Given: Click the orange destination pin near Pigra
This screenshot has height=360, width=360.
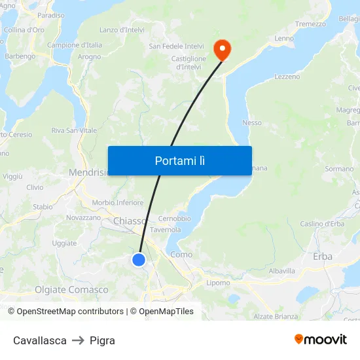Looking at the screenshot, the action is coord(222,48).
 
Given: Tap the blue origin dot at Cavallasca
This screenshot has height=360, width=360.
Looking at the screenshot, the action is coord(139,260).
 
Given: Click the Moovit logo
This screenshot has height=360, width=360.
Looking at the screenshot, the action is coord(321,340).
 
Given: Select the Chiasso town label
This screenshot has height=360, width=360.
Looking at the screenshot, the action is coord(130,221).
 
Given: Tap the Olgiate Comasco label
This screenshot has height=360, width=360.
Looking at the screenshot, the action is coord(71,289).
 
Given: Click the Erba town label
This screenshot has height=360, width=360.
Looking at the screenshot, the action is coord(323,257).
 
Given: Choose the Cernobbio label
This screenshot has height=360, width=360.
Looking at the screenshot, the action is coord(174,218).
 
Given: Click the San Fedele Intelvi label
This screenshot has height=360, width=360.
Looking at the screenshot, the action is coord(177,46).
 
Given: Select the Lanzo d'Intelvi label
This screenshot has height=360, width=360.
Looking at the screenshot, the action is coord(122,29).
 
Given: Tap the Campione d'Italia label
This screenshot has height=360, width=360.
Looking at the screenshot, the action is coord(75,45).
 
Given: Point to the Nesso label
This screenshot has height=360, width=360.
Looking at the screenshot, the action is coord(252,122).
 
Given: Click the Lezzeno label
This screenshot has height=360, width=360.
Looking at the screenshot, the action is coord(287,77).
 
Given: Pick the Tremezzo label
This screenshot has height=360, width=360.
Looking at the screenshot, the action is coord(310,24).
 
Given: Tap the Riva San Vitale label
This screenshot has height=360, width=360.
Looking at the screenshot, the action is coord(74,130).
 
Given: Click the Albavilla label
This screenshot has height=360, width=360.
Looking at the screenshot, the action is coord(281,270).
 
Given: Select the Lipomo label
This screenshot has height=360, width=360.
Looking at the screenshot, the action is coord(218,283).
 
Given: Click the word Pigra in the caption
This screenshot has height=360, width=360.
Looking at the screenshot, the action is coord(103,340).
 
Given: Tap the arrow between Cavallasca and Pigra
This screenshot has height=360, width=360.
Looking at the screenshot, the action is coord(78,340).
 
